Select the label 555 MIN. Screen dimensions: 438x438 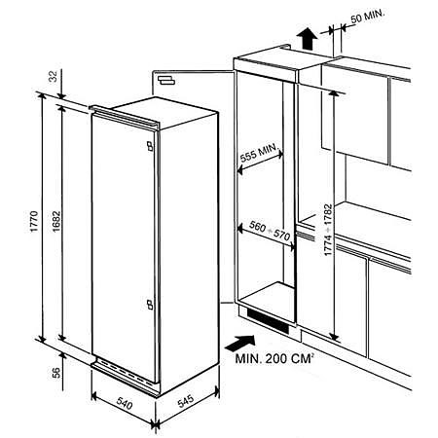click(260, 153)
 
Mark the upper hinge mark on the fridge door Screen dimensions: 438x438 click(146, 147)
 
